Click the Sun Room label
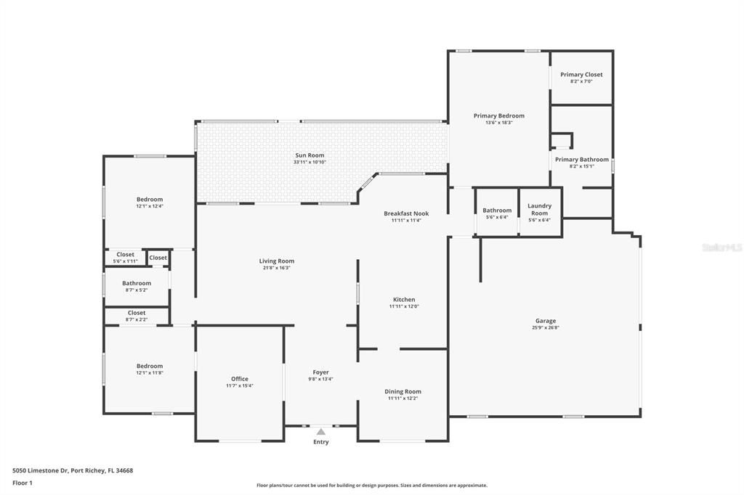(x=310, y=155)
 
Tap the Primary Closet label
(x=581, y=75)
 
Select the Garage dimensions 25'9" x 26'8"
(x=545, y=327)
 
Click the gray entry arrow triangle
(x=321, y=431)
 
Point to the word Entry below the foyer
(x=320, y=442)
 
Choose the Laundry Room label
(x=540, y=210)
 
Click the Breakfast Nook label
(x=406, y=213)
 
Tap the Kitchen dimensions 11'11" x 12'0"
(x=404, y=306)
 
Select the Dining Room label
(x=403, y=392)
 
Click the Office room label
(x=240, y=379)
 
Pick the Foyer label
(x=320, y=372)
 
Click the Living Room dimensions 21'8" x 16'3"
(x=277, y=268)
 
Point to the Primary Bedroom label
(x=499, y=115)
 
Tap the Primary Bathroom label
(x=582, y=159)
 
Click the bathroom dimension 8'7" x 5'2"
(x=137, y=290)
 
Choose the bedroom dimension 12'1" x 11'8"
(x=150, y=372)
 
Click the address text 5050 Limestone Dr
(x=41, y=471)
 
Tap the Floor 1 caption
(x=23, y=483)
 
